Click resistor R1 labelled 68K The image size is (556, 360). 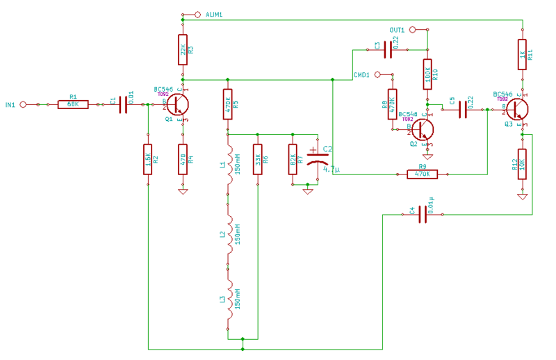coord(73,104)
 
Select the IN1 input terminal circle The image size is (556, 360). coord(23,104)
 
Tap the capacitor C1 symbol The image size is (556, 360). coord(123,104)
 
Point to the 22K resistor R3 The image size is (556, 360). coord(182,50)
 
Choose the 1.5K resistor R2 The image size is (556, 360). coord(147,158)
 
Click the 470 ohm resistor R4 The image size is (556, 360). coord(182,158)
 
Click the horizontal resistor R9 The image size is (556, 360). coord(423,174)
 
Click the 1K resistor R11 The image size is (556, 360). coord(522,54)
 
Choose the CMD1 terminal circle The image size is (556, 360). coord(377,74)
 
